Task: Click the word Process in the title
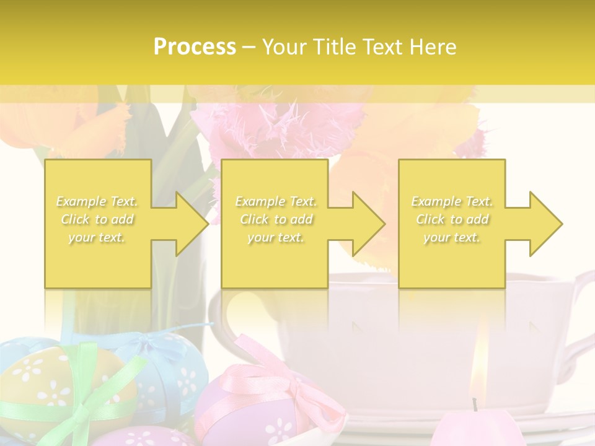(x=195, y=46)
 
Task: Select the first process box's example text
(x=97, y=219)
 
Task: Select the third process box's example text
(x=452, y=219)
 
